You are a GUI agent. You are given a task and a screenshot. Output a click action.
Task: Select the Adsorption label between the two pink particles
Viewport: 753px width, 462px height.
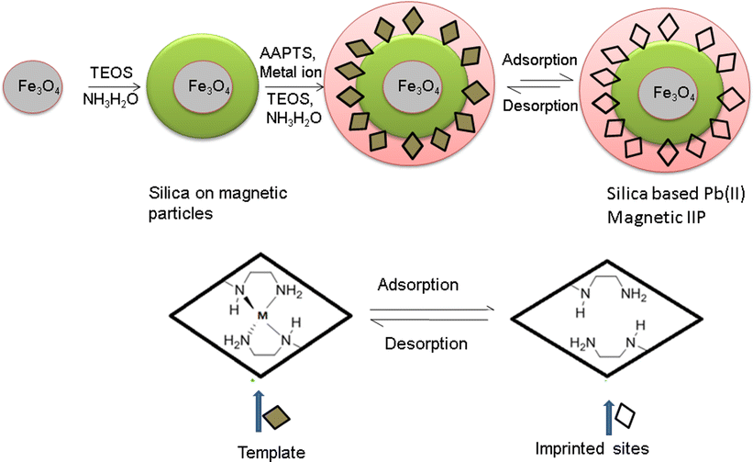point(540,60)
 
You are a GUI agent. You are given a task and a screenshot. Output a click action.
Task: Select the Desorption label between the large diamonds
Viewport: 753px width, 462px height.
point(423,344)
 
